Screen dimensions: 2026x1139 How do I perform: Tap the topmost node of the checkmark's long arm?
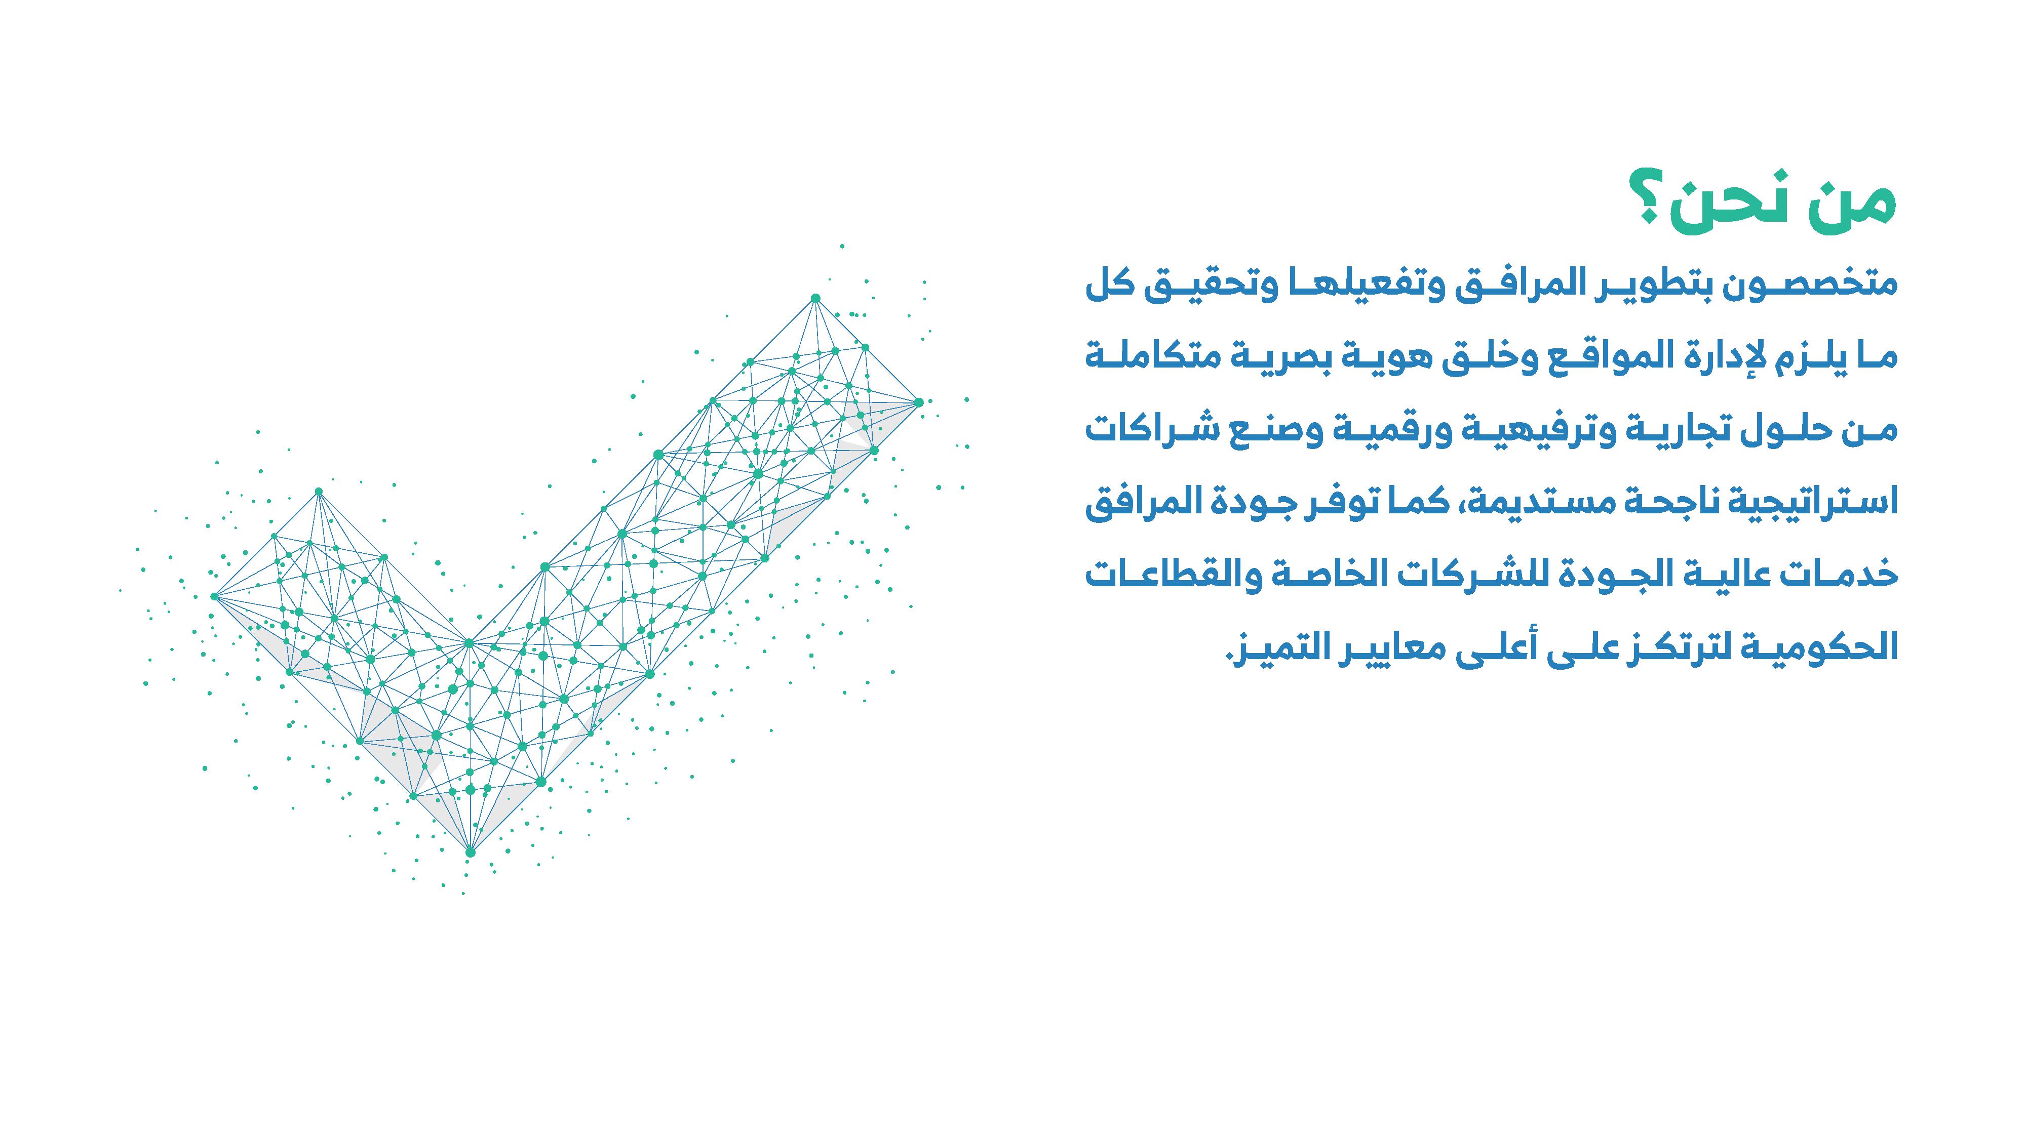coord(815,298)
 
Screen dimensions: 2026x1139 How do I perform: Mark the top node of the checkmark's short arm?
coord(319,492)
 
